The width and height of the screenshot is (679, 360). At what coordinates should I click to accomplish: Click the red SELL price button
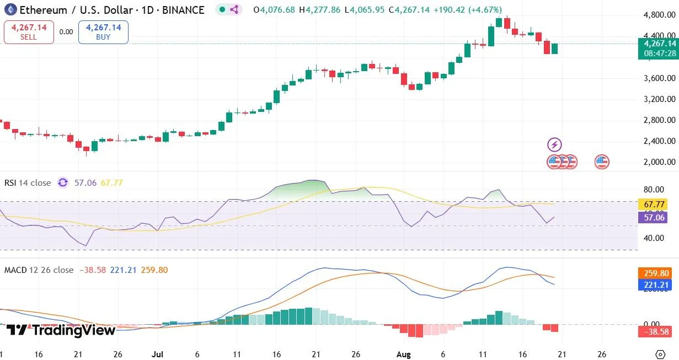[29, 32]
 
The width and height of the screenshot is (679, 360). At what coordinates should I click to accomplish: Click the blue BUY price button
[103, 32]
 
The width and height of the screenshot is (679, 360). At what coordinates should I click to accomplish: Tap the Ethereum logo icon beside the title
[10, 9]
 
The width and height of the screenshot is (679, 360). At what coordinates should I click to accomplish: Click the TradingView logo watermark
[61, 330]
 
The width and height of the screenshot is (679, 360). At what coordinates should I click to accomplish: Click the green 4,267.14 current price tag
[656, 44]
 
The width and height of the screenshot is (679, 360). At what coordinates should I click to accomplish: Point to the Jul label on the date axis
[158, 354]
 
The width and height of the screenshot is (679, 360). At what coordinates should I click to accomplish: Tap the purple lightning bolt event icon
[554, 145]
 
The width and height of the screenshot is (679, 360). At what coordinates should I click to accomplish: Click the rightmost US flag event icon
[602, 162]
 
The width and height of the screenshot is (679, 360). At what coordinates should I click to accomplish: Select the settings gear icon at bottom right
[660, 354]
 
